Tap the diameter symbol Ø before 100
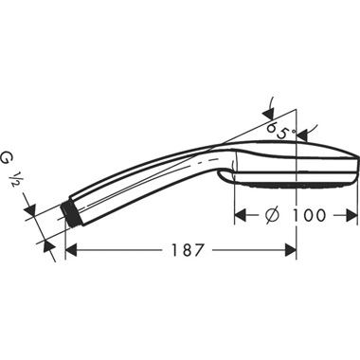(270, 215)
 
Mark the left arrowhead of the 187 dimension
(71, 252)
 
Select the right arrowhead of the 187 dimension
(293, 252)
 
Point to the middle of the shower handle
(142, 185)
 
